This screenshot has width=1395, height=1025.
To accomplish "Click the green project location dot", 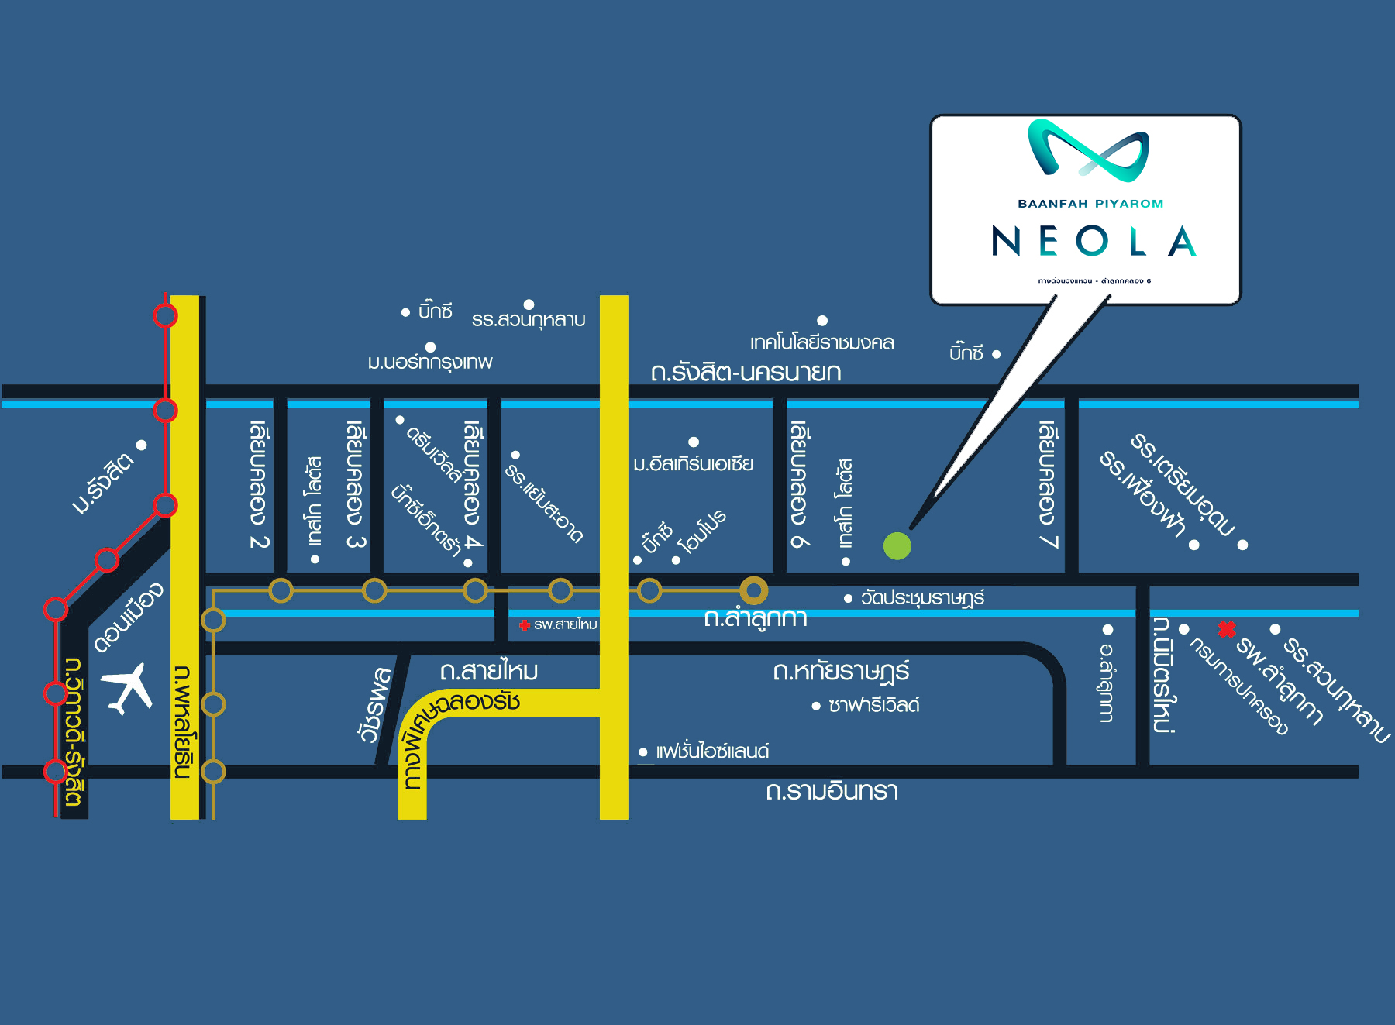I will point(897,546).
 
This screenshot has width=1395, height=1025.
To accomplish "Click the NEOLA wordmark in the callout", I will point(1094,242).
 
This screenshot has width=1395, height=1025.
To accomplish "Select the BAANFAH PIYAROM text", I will point(1090,204).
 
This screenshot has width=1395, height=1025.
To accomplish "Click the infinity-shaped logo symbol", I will point(1088,150).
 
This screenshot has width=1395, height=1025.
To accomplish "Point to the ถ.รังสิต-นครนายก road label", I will point(746,373).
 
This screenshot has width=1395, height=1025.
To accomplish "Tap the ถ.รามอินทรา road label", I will point(832,791).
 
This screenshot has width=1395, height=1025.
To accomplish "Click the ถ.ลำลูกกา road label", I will point(756,618).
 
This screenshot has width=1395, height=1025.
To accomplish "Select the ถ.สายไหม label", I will point(489,671).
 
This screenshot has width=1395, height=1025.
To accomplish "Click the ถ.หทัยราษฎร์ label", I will point(841,671).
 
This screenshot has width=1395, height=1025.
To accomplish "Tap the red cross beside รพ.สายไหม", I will point(525,624).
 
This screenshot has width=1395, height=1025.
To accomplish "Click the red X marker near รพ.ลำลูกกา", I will point(1226,629).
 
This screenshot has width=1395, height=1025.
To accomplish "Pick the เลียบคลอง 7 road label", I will point(1048,485).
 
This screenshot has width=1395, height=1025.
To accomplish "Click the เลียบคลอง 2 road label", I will point(259,485).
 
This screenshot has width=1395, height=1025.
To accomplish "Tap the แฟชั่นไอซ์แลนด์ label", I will point(711,752).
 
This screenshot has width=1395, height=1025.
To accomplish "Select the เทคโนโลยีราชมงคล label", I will point(821,342).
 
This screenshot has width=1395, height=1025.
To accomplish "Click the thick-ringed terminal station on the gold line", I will point(753,590).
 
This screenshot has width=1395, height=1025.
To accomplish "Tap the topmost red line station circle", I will point(165,316).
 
